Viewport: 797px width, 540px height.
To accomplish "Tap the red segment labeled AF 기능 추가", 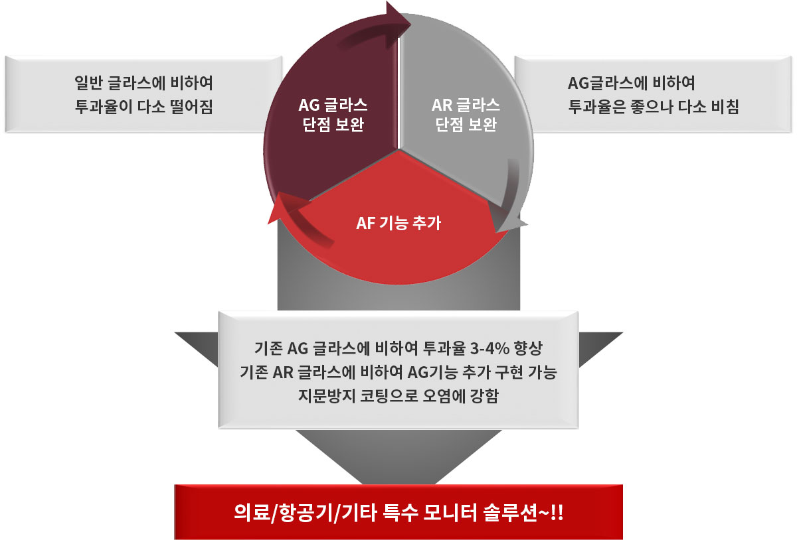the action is coord(398,228).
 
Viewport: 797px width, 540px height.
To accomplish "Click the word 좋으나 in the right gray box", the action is coord(651,106).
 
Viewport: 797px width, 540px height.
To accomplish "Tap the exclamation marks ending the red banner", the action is coord(557,513).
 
